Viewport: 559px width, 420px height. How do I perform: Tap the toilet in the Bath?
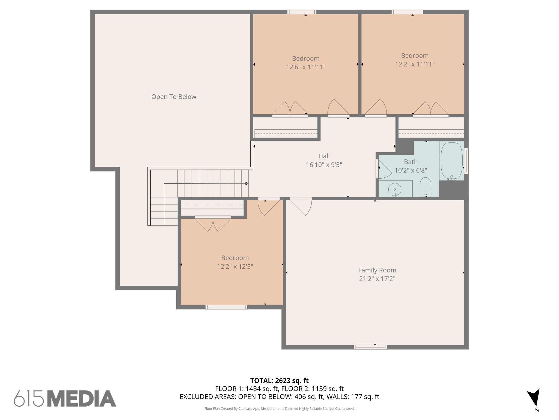click(426, 187)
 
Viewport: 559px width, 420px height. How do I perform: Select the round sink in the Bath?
click(395, 189)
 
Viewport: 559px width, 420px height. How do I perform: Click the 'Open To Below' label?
click(174, 97)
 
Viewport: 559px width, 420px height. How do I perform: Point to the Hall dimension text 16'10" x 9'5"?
click(324, 165)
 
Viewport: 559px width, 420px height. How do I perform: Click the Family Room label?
click(377, 270)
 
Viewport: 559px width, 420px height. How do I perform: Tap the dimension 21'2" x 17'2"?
click(377, 279)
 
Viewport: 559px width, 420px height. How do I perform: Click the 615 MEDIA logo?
click(65, 398)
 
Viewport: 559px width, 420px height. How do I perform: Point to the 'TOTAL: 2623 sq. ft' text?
click(279, 381)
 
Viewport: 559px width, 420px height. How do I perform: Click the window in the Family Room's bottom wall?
click(370, 347)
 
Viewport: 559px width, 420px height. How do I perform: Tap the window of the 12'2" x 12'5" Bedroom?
click(226, 307)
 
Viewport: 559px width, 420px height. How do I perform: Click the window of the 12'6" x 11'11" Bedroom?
click(302, 12)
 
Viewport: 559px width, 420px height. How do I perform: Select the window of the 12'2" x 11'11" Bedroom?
click(407, 12)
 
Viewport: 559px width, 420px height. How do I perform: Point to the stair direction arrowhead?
click(247, 183)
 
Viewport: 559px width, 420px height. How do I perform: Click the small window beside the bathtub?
click(466, 161)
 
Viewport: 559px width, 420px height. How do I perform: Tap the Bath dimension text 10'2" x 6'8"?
click(411, 170)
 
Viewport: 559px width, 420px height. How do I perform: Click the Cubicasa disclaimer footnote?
click(279, 409)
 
